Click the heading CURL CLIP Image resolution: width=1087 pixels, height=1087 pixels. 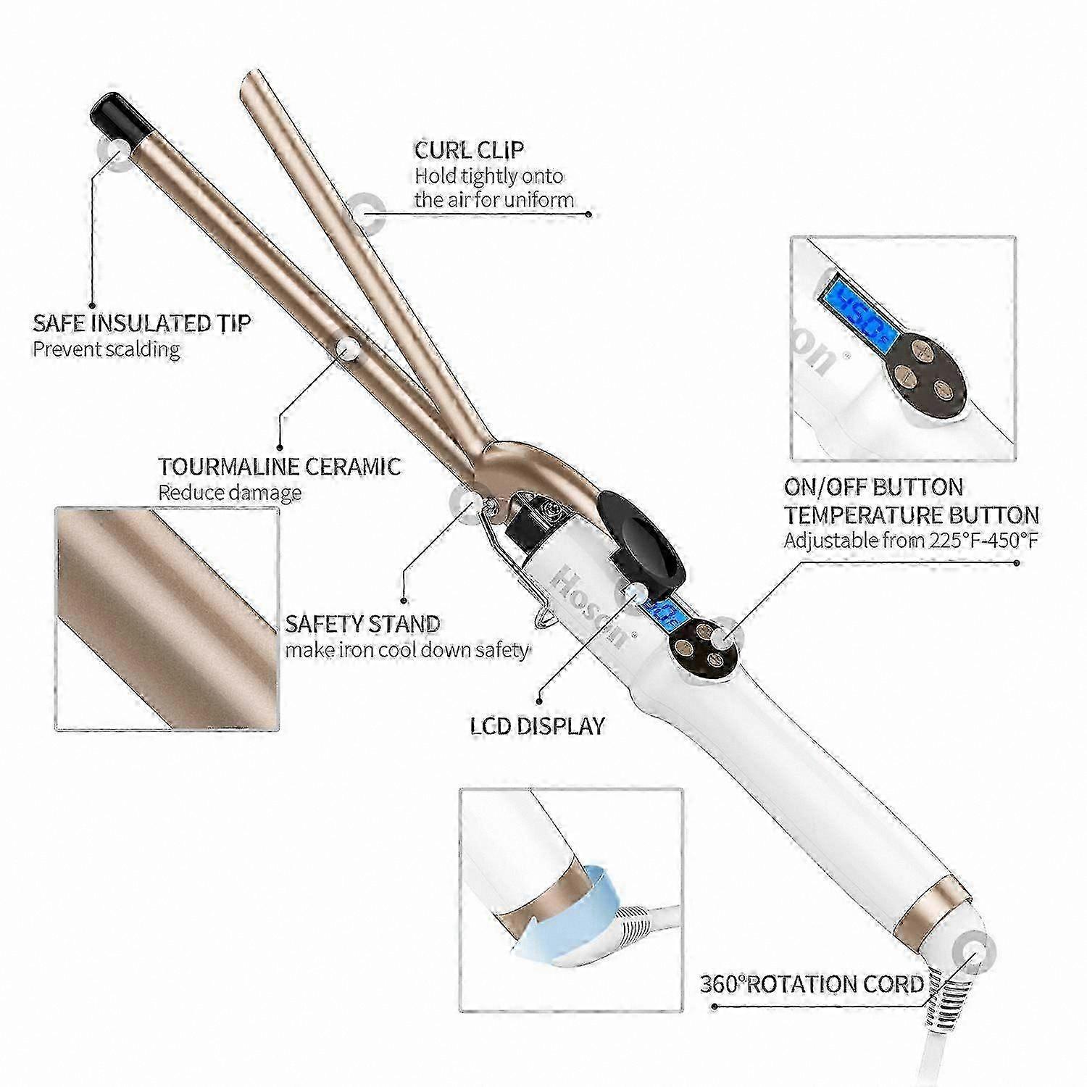[469, 150]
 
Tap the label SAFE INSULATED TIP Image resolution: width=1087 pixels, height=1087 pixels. [142, 322]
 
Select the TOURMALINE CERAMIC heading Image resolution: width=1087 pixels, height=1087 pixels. [280, 466]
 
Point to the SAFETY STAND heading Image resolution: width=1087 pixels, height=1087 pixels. [362, 623]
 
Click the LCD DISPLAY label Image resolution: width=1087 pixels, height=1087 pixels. [538, 725]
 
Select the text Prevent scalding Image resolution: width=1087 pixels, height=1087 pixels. [107, 349]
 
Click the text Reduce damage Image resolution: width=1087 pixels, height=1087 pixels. [230, 493]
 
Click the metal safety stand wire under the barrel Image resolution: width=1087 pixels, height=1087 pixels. [510, 558]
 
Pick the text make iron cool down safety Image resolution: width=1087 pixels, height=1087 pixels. [407, 649]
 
